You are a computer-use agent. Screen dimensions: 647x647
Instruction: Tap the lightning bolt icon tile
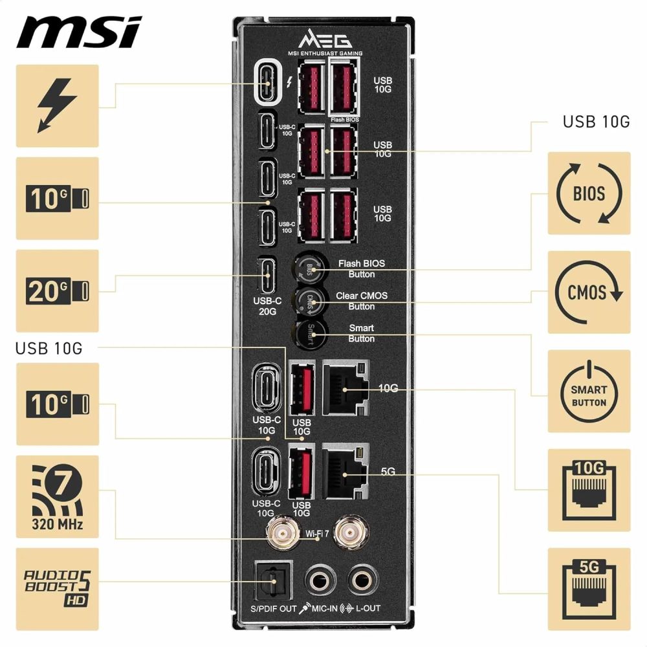coord(57,105)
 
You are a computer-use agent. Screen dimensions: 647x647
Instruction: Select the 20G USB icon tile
coord(57,291)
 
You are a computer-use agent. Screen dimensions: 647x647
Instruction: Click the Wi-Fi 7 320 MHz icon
coord(57,497)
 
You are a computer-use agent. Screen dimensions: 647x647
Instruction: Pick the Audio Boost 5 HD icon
coord(57,589)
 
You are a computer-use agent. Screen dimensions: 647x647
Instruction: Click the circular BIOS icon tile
coord(589,193)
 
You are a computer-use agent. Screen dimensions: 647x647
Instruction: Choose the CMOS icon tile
coord(589,292)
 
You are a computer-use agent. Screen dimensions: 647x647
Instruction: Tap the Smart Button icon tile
coord(589,391)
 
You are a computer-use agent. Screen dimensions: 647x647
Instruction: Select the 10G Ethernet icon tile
coord(589,490)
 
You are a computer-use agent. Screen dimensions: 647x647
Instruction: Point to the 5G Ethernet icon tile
coord(589,589)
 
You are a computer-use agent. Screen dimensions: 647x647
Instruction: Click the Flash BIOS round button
coord(309,267)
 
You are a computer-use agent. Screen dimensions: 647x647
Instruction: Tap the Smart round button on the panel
coord(309,333)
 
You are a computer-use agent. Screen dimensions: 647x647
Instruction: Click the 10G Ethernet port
coord(345,387)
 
